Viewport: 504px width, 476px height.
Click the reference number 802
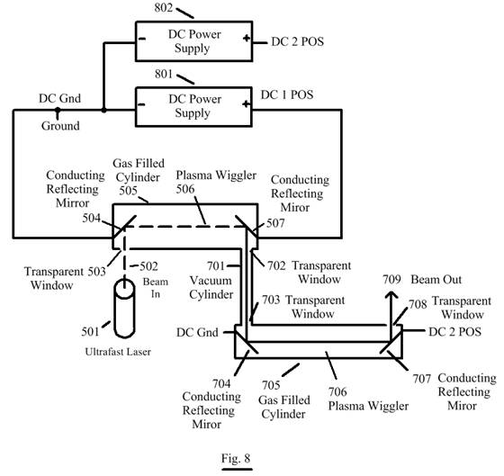(x=164, y=8)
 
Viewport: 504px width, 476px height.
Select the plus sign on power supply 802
(x=247, y=39)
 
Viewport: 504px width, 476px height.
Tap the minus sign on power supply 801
(x=141, y=104)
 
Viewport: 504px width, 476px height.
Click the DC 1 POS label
(x=287, y=94)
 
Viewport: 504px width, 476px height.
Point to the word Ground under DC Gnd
(x=60, y=126)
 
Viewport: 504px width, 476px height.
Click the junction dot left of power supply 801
(x=103, y=111)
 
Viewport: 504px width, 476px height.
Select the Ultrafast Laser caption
(x=118, y=352)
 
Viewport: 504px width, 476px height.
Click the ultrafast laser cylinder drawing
(x=125, y=309)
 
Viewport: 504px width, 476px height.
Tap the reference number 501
(x=90, y=331)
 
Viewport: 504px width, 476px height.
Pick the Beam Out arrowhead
(x=391, y=295)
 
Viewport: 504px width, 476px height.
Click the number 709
(x=391, y=280)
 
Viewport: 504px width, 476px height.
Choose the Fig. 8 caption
(x=236, y=458)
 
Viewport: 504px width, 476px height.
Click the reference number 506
(x=185, y=189)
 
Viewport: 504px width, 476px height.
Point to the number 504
(x=92, y=219)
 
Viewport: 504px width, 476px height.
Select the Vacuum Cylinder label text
(x=211, y=287)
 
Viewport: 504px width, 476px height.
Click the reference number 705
(x=271, y=385)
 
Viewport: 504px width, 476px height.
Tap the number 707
(x=422, y=379)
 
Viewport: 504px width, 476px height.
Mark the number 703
(x=271, y=300)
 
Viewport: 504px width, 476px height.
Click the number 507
(x=275, y=223)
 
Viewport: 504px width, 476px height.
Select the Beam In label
(x=156, y=288)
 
